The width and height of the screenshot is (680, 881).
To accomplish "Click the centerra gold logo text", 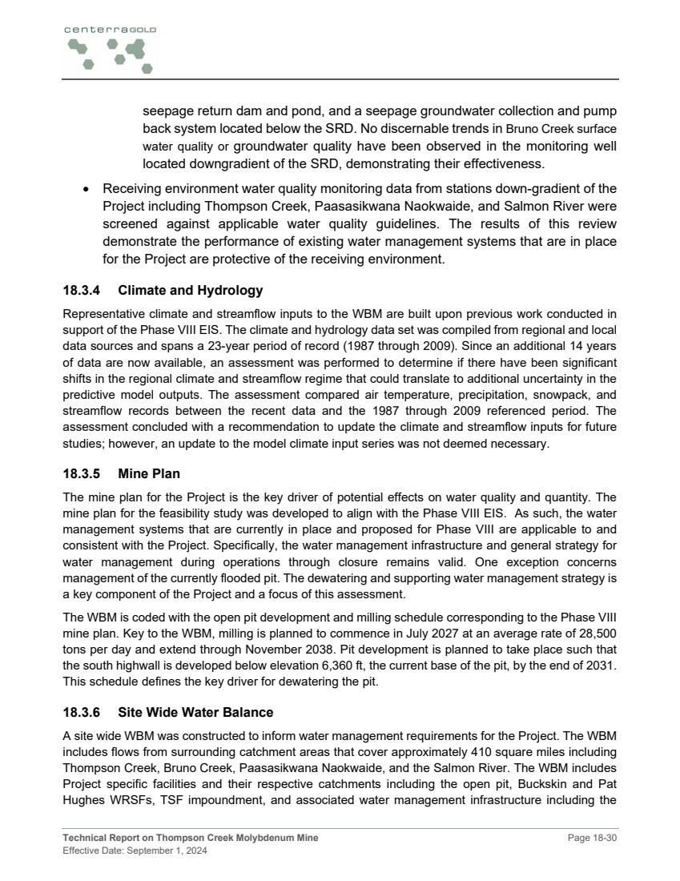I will [x=111, y=30].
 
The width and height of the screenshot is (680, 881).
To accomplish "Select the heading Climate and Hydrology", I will [x=190, y=291].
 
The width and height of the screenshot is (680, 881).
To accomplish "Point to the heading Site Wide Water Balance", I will [x=195, y=712].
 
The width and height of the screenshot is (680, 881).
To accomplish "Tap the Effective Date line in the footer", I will [x=135, y=851].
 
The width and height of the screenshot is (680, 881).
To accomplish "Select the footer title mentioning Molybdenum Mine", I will [x=190, y=838].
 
